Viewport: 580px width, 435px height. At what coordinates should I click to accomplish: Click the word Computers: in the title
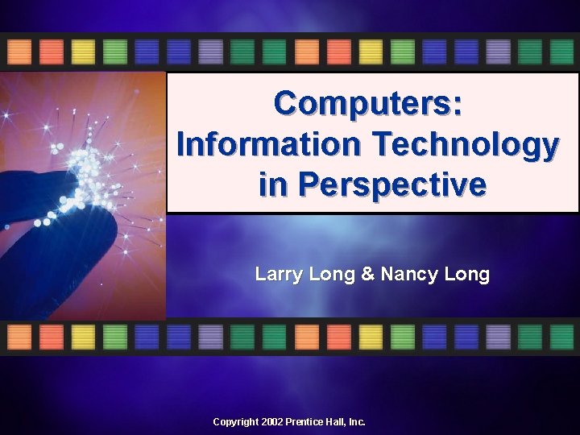click(x=367, y=103)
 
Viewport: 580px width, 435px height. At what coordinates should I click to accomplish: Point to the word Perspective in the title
click(x=391, y=184)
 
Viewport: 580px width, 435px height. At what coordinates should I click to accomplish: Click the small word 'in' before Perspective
click(x=271, y=184)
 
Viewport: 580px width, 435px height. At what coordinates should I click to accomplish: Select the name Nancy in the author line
click(x=407, y=275)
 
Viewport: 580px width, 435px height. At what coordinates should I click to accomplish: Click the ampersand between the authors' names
click(x=367, y=275)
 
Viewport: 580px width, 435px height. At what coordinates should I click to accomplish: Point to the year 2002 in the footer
click(x=273, y=422)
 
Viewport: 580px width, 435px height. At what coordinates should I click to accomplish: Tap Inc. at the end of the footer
click(x=355, y=422)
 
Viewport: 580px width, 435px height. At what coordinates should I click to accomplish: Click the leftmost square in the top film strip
click(x=19, y=52)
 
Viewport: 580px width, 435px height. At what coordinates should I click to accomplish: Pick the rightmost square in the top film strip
click(x=561, y=52)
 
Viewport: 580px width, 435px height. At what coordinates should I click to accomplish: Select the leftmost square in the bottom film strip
click(x=19, y=337)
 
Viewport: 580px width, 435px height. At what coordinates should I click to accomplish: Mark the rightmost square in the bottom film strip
click(x=561, y=337)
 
